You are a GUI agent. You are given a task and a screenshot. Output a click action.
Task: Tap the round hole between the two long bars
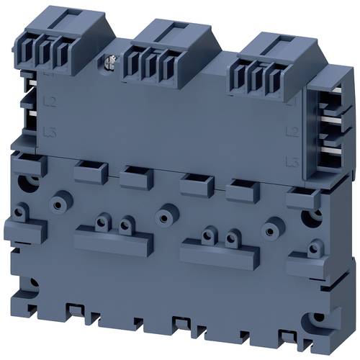tap(165, 217)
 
